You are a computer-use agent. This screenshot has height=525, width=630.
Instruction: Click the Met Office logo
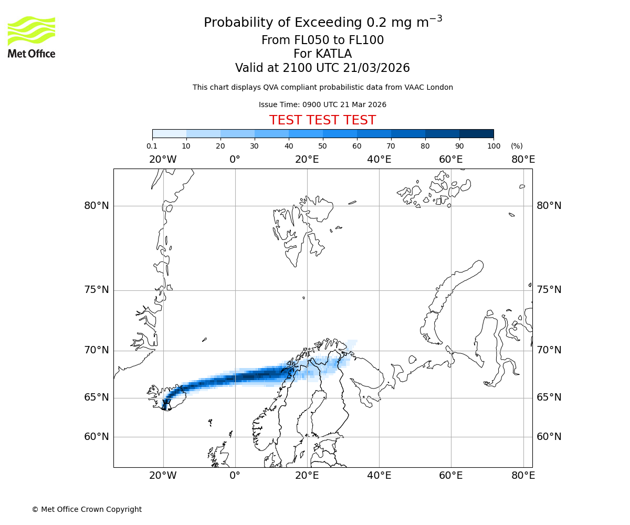(x=31, y=37)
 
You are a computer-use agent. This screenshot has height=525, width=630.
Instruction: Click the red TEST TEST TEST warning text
(x=322, y=120)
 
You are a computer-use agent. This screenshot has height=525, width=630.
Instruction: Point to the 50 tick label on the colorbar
(x=322, y=146)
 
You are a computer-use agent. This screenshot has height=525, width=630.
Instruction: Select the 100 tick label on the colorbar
(x=493, y=146)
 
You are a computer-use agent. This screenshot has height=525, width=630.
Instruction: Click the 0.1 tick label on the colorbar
(x=152, y=146)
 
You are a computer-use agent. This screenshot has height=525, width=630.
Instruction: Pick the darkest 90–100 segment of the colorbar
(x=476, y=133)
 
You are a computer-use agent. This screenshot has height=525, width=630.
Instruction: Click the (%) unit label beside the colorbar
(x=517, y=146)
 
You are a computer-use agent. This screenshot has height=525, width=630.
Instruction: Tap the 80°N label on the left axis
(x=97, y=206)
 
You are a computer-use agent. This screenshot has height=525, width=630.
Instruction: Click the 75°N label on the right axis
(x=549, y=290)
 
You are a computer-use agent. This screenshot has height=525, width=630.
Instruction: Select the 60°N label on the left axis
(x=97, y=437)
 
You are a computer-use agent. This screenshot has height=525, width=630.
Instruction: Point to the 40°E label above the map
(x=379, y=159)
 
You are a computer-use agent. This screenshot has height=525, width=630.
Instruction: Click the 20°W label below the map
(x=163, y=476)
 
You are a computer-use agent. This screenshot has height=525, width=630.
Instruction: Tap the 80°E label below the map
(x=523, y=476)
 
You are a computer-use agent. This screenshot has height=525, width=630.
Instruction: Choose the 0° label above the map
(x=235, y=159)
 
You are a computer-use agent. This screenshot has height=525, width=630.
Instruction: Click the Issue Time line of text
(x=322, y=104)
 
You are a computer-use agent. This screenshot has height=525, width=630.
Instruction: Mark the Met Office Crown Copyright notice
(x=87, y=509)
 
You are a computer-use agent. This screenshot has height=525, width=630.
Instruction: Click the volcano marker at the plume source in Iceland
(x=166, y=404)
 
